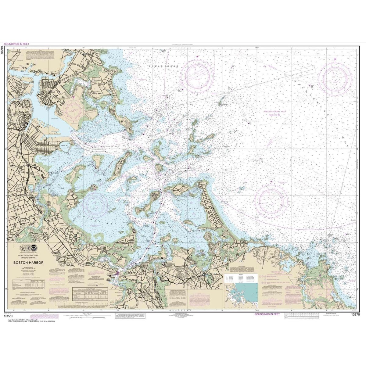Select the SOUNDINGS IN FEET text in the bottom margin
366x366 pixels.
pyautogui.click(x=267, y=314)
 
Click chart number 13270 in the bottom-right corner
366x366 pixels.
pyautogui.click(x=356, y=314)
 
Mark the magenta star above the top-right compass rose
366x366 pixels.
pyautogui.click(x=335, y=59)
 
